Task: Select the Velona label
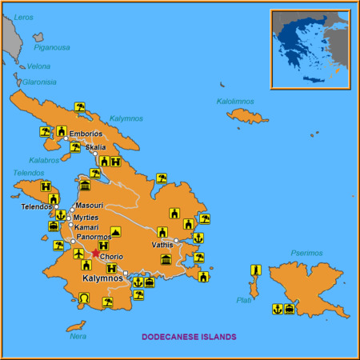pos(38,66)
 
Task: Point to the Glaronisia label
pos(39,82)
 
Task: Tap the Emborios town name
pos(86,134)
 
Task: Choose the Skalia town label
pos(95,148)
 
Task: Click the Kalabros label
pos(43,160)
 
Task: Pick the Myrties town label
pos(86,217)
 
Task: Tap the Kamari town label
pos(86,227)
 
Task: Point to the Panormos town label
pos(94,238)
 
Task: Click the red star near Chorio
pos(96,254)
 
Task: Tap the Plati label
pos(244,300)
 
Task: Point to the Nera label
pos(78,336)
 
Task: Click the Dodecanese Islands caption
pos(189,337)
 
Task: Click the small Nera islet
pos(75,326)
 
